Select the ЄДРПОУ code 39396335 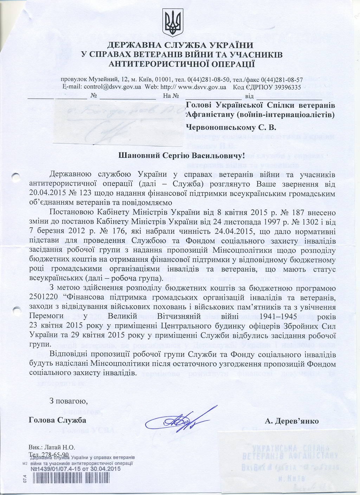point(285,87)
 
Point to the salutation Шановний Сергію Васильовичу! point(180,155)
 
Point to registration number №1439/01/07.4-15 point(58,469)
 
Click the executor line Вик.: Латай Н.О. point(52,448)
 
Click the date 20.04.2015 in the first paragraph point(46,194)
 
